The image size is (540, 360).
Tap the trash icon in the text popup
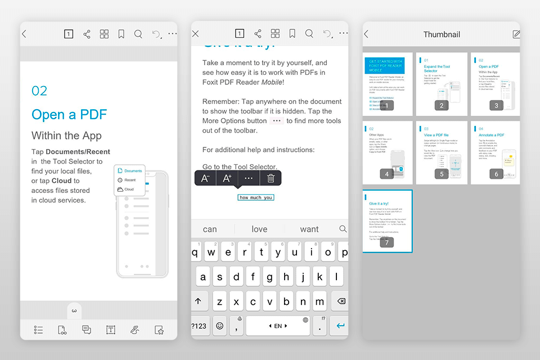click(271, 178)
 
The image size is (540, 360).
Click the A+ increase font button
click(227, 178)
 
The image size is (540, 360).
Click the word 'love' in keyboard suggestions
click(259, 229)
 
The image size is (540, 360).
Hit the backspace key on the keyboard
click(340, 301)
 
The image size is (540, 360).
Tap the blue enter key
click(340, 326)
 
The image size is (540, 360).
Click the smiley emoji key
click(219, 326)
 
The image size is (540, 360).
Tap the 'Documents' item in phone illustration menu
click(133, 171)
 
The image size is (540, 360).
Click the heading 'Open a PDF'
click(69, 115)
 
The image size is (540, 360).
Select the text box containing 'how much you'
click(256, 197)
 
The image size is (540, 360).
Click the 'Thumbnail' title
click(442, 34)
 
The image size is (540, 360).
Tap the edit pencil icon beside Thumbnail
click(516, 34)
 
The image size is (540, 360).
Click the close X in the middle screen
click(196, 34)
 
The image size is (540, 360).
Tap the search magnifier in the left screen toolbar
click(138, 34)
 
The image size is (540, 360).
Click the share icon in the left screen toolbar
click(87, 34)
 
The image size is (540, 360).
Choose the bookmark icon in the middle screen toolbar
click(292, 34)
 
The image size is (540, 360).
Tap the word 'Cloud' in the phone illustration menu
click(129, 190)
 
